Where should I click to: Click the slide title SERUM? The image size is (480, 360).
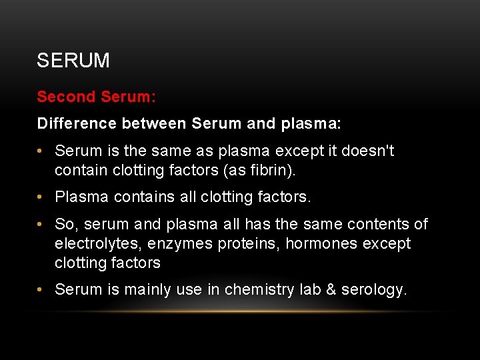73,61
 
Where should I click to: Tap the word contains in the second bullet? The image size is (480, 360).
141,197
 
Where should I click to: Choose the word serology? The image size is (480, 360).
373,289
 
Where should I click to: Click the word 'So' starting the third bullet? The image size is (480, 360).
65,225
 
